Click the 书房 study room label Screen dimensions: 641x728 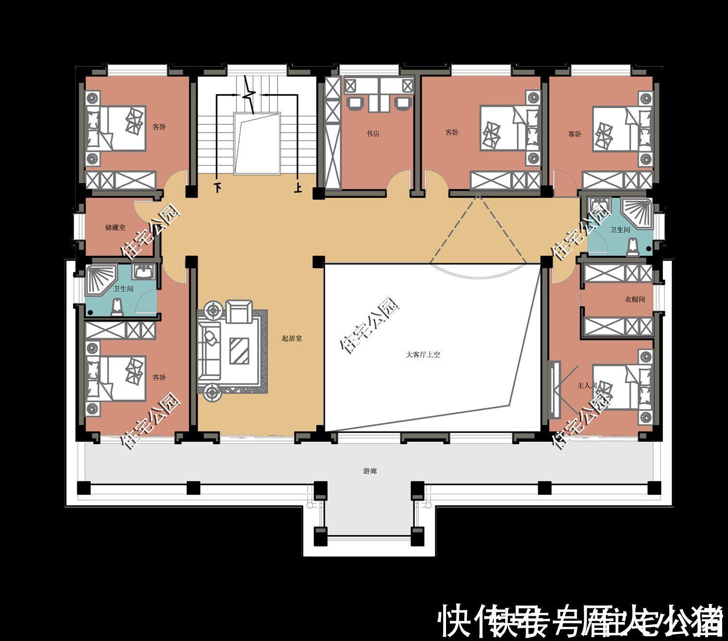coord(372,134)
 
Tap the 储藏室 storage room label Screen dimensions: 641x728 coord(115,227)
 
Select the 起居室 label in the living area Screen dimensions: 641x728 coord(292,338)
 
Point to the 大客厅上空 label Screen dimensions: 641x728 coord(423,355)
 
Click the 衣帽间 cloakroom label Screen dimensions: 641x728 coord(635,300)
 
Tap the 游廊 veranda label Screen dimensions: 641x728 coord(370,471)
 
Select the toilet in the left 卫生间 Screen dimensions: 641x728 coord(116,307)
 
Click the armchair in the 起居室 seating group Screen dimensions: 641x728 coord(239,311)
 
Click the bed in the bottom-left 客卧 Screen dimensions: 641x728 coord(116,378)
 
